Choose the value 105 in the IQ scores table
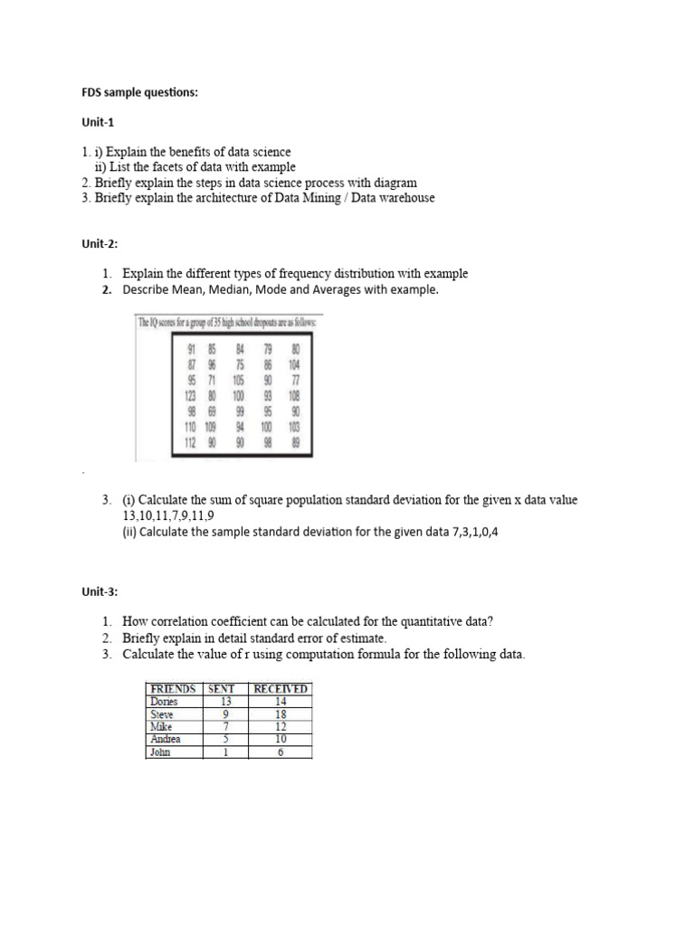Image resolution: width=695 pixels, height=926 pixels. pos(239,381)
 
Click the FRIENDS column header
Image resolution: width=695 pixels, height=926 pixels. pos(173,688)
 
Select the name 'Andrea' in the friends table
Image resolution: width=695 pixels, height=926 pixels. pos(166,739)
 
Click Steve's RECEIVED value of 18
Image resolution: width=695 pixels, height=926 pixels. pos(280,713)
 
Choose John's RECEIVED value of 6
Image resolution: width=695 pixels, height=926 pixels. pos(280,751)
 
